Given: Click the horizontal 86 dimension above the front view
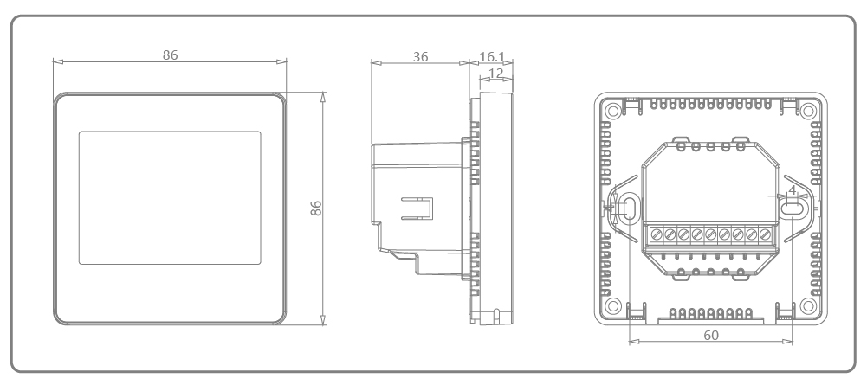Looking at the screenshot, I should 170,54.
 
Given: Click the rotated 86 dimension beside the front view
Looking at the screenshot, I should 316,209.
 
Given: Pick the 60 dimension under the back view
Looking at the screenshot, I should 708,332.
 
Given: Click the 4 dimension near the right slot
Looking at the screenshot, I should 792,190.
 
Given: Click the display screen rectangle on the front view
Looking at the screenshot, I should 170,197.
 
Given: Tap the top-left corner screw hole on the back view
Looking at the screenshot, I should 611,111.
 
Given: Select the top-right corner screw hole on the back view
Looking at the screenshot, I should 807,111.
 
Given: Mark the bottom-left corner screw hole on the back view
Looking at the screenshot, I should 611,305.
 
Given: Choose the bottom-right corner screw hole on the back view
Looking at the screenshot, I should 807,305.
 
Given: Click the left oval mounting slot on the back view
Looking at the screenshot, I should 628,208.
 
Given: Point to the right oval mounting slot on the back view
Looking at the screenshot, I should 791,208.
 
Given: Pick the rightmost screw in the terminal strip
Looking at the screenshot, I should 764,234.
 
